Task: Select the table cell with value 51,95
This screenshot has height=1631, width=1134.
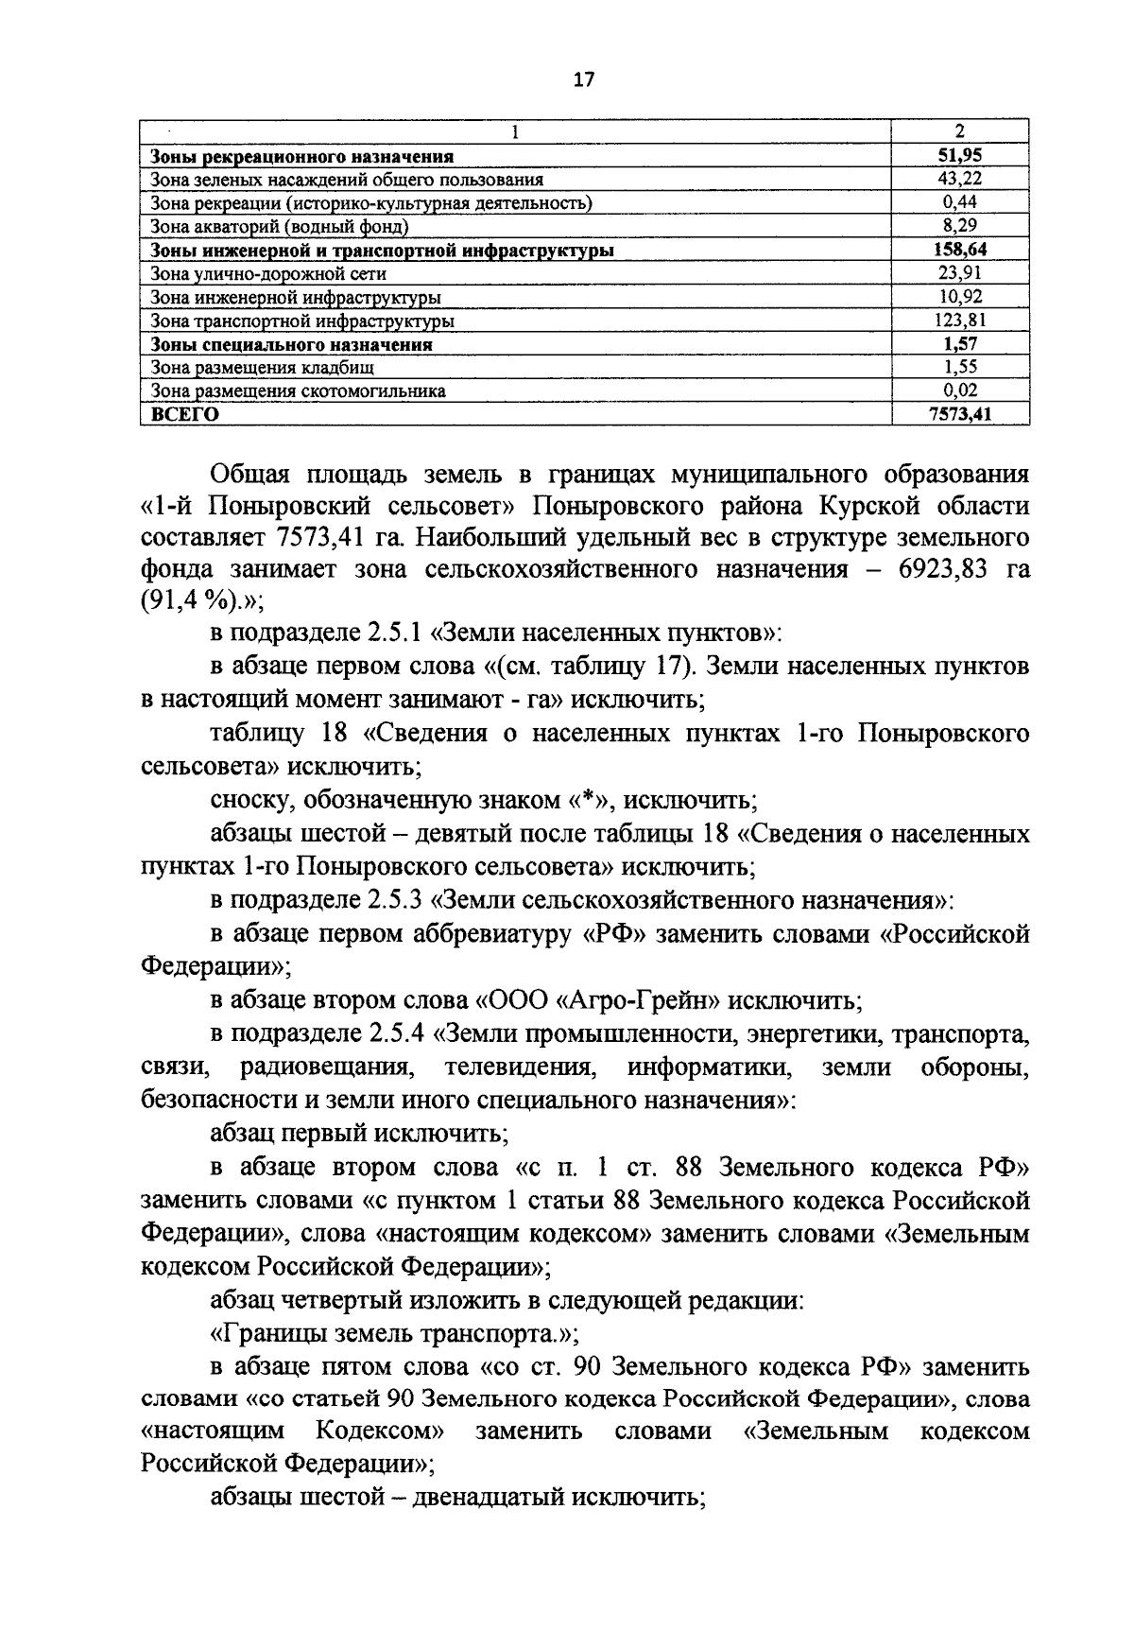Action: coord(960,156)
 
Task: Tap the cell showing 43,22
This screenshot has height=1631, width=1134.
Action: coord(960,179)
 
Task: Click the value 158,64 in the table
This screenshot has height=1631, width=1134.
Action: coord(960,250)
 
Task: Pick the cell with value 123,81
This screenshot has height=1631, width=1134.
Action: coord(960,321)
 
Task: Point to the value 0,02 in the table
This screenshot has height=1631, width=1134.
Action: coord(960,390)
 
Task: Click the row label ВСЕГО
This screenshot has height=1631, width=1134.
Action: coord(180,414)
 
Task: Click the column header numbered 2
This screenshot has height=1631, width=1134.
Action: coord(960,132)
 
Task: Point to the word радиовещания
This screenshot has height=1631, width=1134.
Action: coord(326,1067)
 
